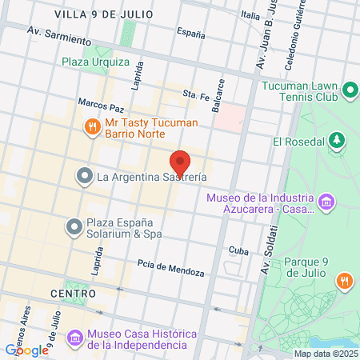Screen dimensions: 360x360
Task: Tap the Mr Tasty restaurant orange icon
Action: click(93, 126)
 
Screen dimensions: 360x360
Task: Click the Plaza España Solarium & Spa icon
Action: click(74, 228)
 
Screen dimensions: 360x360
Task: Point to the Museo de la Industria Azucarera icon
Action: click(326, 201)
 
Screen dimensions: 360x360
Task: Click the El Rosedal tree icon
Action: click(338, 142)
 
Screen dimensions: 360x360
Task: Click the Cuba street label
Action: click(239, 250)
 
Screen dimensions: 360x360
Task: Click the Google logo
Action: click(27, 350)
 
